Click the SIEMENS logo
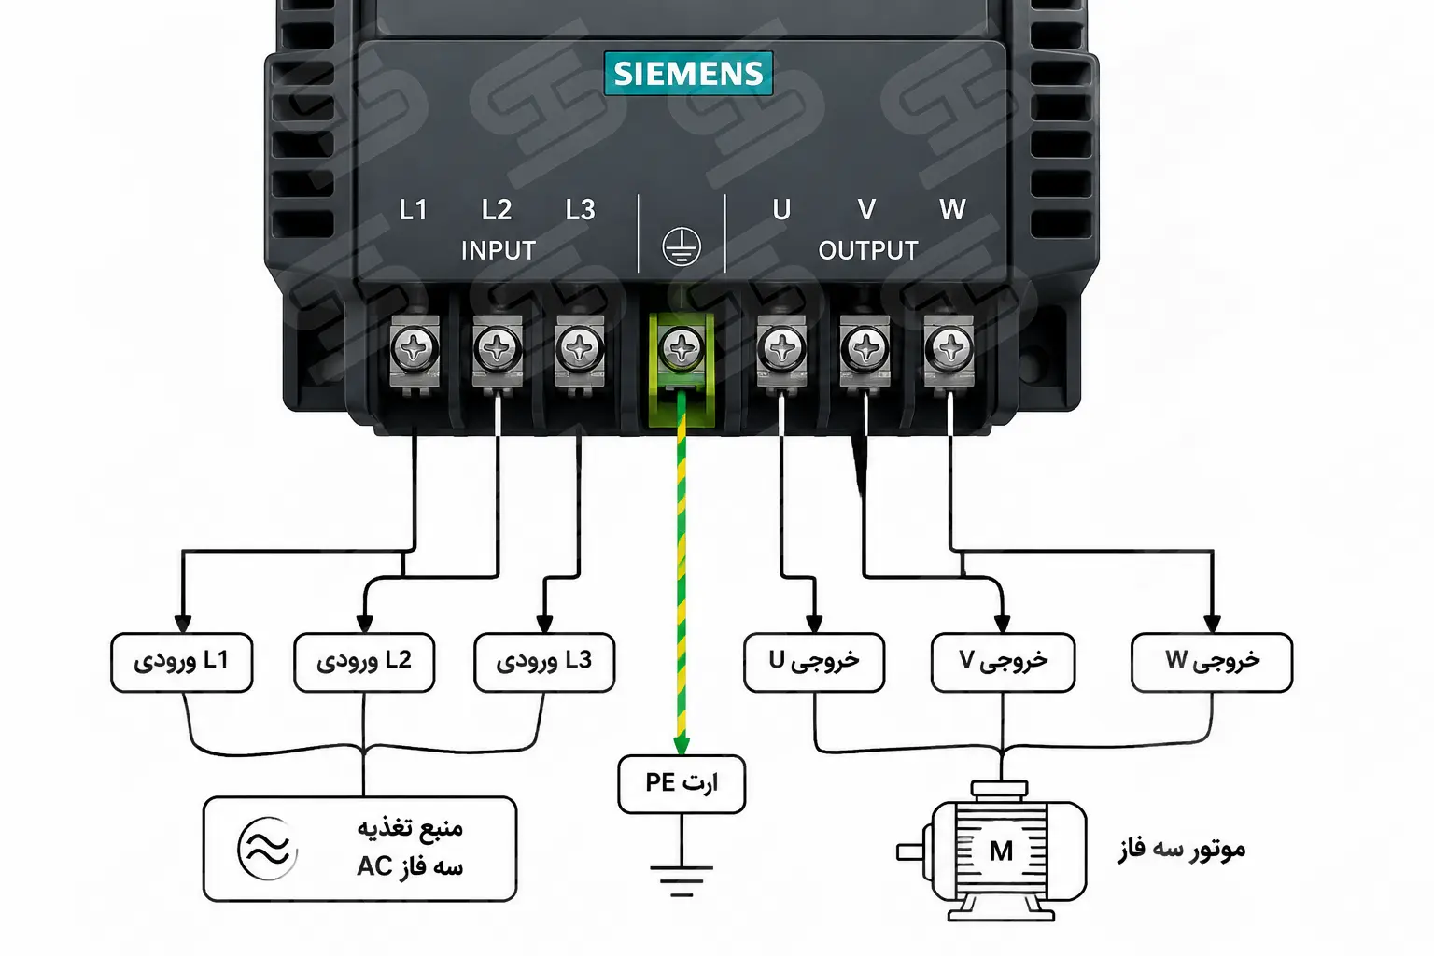pyautogui.click(x=688, y=73)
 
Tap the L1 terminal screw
pyautogui.click(x=415, y=349)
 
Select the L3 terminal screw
pyautogui.click(x=580, y=349)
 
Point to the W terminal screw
pyautogui.click(x=949, y=349)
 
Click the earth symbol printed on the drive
pyautogui.click(x=682, y=246)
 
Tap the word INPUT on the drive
pyautogui.click(x=498, y=250)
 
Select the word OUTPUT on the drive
pyautogui.click(x=868, y=250)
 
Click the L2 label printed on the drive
pyautogui.click(x=496, y=209)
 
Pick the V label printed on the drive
pyautogui.click(x=866, y=209)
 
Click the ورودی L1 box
pyautogui.click(x=182, y=662)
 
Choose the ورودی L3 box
pyautogui.click(x=544, y=662)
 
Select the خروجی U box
pyautogui.click(x=814, y=662)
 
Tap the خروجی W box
pyautogui.click(x=1212, y=662)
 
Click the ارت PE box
pyautogui.click(x=682, y=784)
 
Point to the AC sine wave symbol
pyautogui.click(x=268, y=849)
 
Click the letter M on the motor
pyautogui.click(x=1001, y=851)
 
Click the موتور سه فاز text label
pyautogui.click(x=1181, y=850)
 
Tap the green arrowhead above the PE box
pyautogui.click(x=682, y=746)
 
